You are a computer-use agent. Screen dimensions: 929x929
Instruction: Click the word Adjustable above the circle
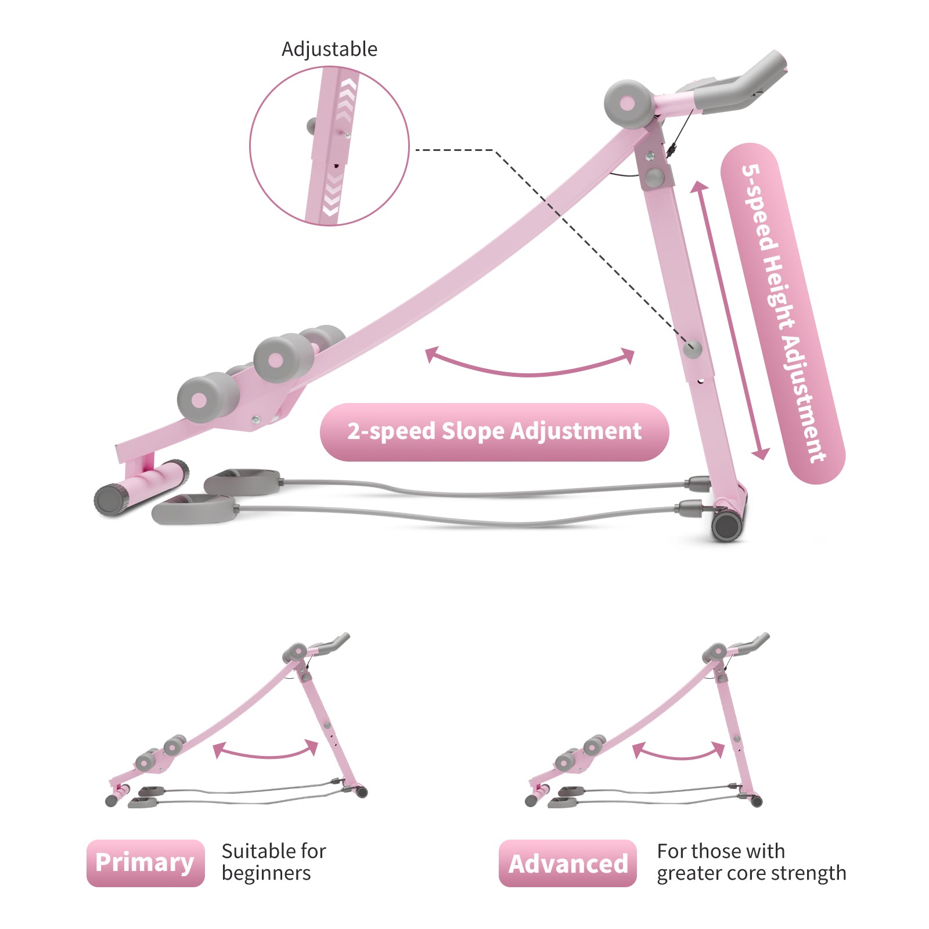click(329, 49)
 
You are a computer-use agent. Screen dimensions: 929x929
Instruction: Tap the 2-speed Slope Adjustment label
click(494, 432)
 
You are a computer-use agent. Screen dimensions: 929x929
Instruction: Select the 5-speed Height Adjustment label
click(782, 314)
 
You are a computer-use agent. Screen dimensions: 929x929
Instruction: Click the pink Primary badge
click(145, 863)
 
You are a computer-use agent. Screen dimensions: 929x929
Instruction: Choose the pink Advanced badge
click(567, 863)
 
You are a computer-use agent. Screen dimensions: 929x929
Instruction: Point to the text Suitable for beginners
click(273, 862)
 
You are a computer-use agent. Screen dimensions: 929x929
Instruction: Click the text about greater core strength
click(751, 862)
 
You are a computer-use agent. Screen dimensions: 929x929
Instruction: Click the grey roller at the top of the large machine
click(627, 103)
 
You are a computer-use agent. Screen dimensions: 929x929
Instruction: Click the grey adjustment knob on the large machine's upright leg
click(692, 349)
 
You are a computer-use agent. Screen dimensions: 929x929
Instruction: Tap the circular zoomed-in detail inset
click(329, 146)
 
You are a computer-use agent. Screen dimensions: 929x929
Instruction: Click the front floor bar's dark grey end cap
click(109, 499)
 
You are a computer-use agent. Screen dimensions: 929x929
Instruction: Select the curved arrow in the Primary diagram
click(266, 751)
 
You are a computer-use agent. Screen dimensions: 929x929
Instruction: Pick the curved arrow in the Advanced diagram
click(678, 752)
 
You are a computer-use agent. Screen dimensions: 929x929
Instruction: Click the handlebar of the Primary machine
click(333, 642)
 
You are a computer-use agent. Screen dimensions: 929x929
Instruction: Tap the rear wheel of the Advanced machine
click(756, 801)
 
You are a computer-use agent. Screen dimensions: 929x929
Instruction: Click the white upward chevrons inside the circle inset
click(347, 96)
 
